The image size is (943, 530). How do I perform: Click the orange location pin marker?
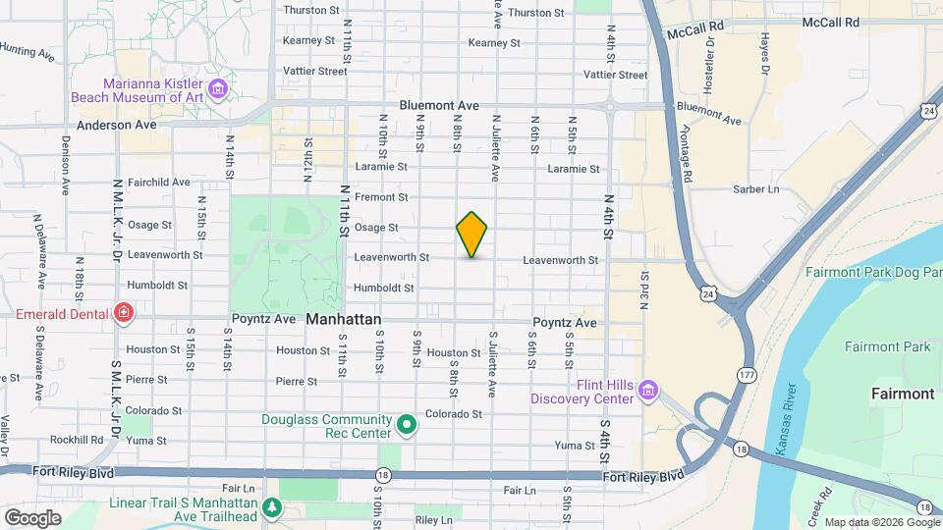tap(471, 234)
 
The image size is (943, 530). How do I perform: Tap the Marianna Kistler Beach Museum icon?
tap(218, 90)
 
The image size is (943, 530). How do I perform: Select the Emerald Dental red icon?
tap(124, 314)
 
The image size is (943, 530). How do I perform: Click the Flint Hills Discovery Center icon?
tap(647, 391)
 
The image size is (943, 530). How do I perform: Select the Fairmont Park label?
tap(887, 346)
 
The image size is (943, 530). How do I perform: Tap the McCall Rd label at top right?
tap(830, 22)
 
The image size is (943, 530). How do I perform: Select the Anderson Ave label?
tap(117, 125)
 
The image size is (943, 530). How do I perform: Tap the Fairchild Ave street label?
tap(158, 182)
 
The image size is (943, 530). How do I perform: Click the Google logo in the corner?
tap(32, 517)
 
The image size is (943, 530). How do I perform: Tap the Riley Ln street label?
tap(433, 520)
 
